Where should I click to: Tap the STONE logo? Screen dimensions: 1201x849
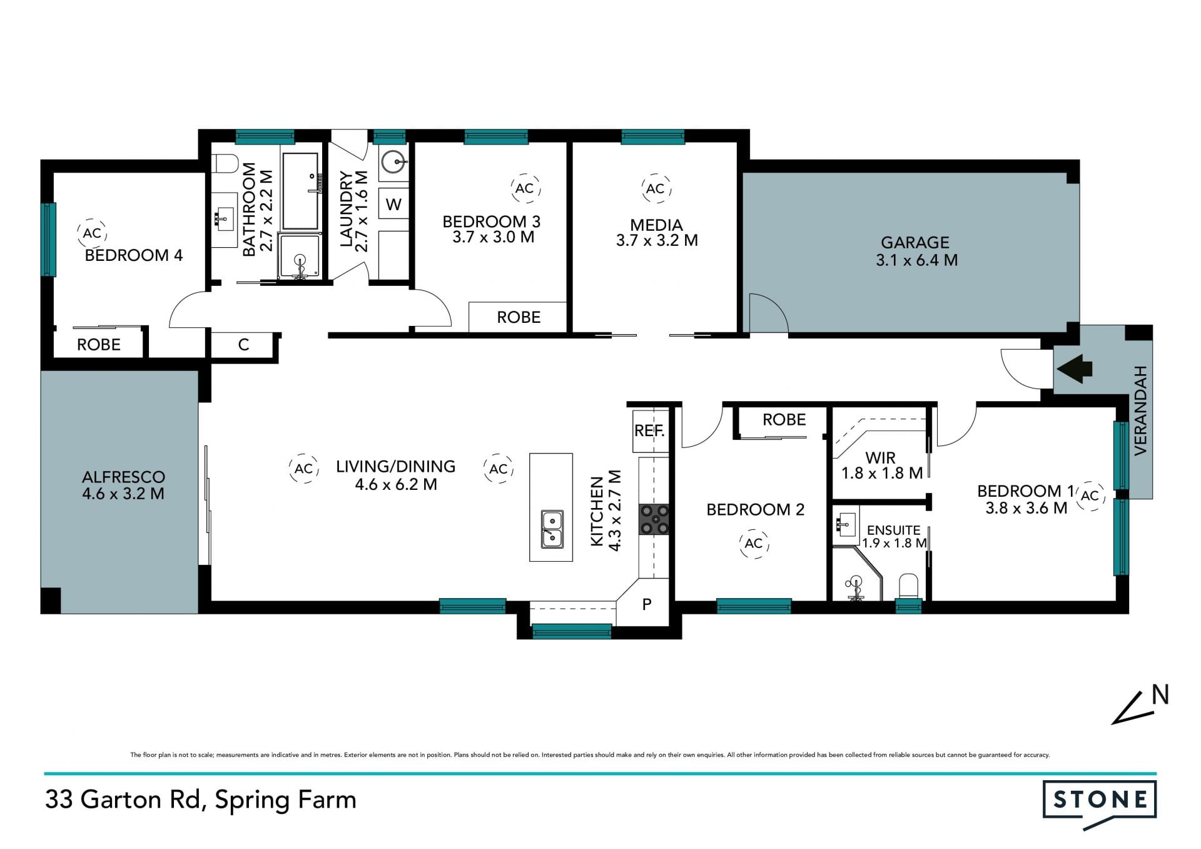click(x=1100, y=805)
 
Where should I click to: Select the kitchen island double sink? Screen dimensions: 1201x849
click(x=552, y=529)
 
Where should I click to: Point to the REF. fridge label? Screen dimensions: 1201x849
click(x=649, y=430)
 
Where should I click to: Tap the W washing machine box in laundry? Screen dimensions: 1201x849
click(x=393, y=204)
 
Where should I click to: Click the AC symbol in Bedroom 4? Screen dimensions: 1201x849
click(x=92, y=233)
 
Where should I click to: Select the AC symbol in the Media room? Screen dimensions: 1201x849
click(x=655, y=188)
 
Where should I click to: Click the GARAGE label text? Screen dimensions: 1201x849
click(x=915, y=242)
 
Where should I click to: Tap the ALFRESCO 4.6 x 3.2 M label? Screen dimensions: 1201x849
click(x=123, y=485)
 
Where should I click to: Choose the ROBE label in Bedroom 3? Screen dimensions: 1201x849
click(x=519, y=317)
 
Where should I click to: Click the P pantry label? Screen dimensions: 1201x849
click(x=647, y=604)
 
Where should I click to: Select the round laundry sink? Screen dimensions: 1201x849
click(x=394, y=162)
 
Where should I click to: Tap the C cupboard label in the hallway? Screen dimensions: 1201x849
click(x=244, y=344)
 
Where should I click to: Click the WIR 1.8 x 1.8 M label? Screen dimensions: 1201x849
click(x=881, y=465)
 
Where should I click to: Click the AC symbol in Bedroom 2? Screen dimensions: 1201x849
click(x=754, y=543)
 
